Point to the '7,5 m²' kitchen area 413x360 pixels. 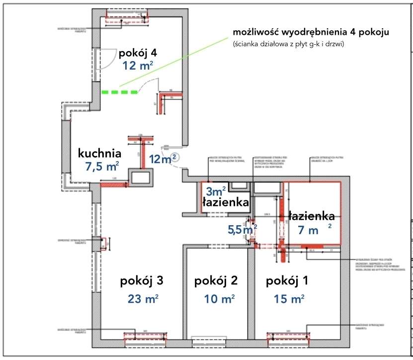point(102,167)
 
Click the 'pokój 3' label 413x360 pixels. point(142,281)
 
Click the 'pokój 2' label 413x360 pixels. point(216,281)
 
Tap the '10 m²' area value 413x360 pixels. point(219,299)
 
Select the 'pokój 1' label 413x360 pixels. point(287,281)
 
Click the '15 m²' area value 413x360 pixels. point(289,299)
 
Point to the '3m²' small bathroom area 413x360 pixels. point(216,191)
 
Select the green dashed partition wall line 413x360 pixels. point(120,92)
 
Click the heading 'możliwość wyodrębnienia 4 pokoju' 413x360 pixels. point(311,32)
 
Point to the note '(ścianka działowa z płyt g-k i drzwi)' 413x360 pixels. point(288,44)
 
